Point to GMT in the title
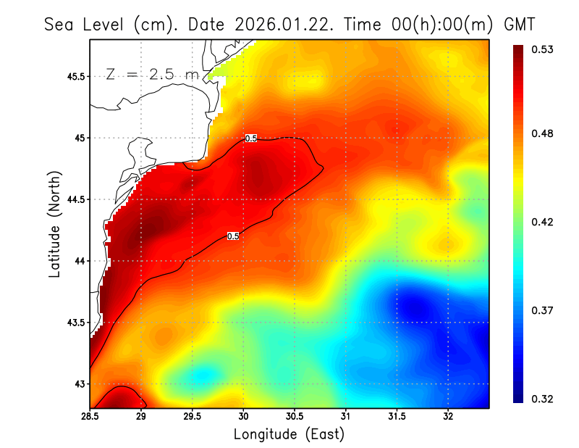(x=519, y=25)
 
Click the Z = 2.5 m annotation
(x=151, y=74)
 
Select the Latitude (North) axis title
(x=54, y=224)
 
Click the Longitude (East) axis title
(x=289, y=434)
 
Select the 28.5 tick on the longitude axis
(x=90, y=416)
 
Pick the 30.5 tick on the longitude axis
(x=295, y=416)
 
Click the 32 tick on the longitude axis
(x=448, y=416)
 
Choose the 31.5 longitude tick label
(x=397, y=416)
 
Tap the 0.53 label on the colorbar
(x=544, y=49)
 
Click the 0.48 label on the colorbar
(x=544, y=133)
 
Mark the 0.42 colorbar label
(x=544, y=222)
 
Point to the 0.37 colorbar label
(x=544, y=310)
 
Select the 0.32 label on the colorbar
(x=544, y=399)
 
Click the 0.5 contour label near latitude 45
(x=251, y=138)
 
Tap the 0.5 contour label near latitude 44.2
(x=233, y=236)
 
